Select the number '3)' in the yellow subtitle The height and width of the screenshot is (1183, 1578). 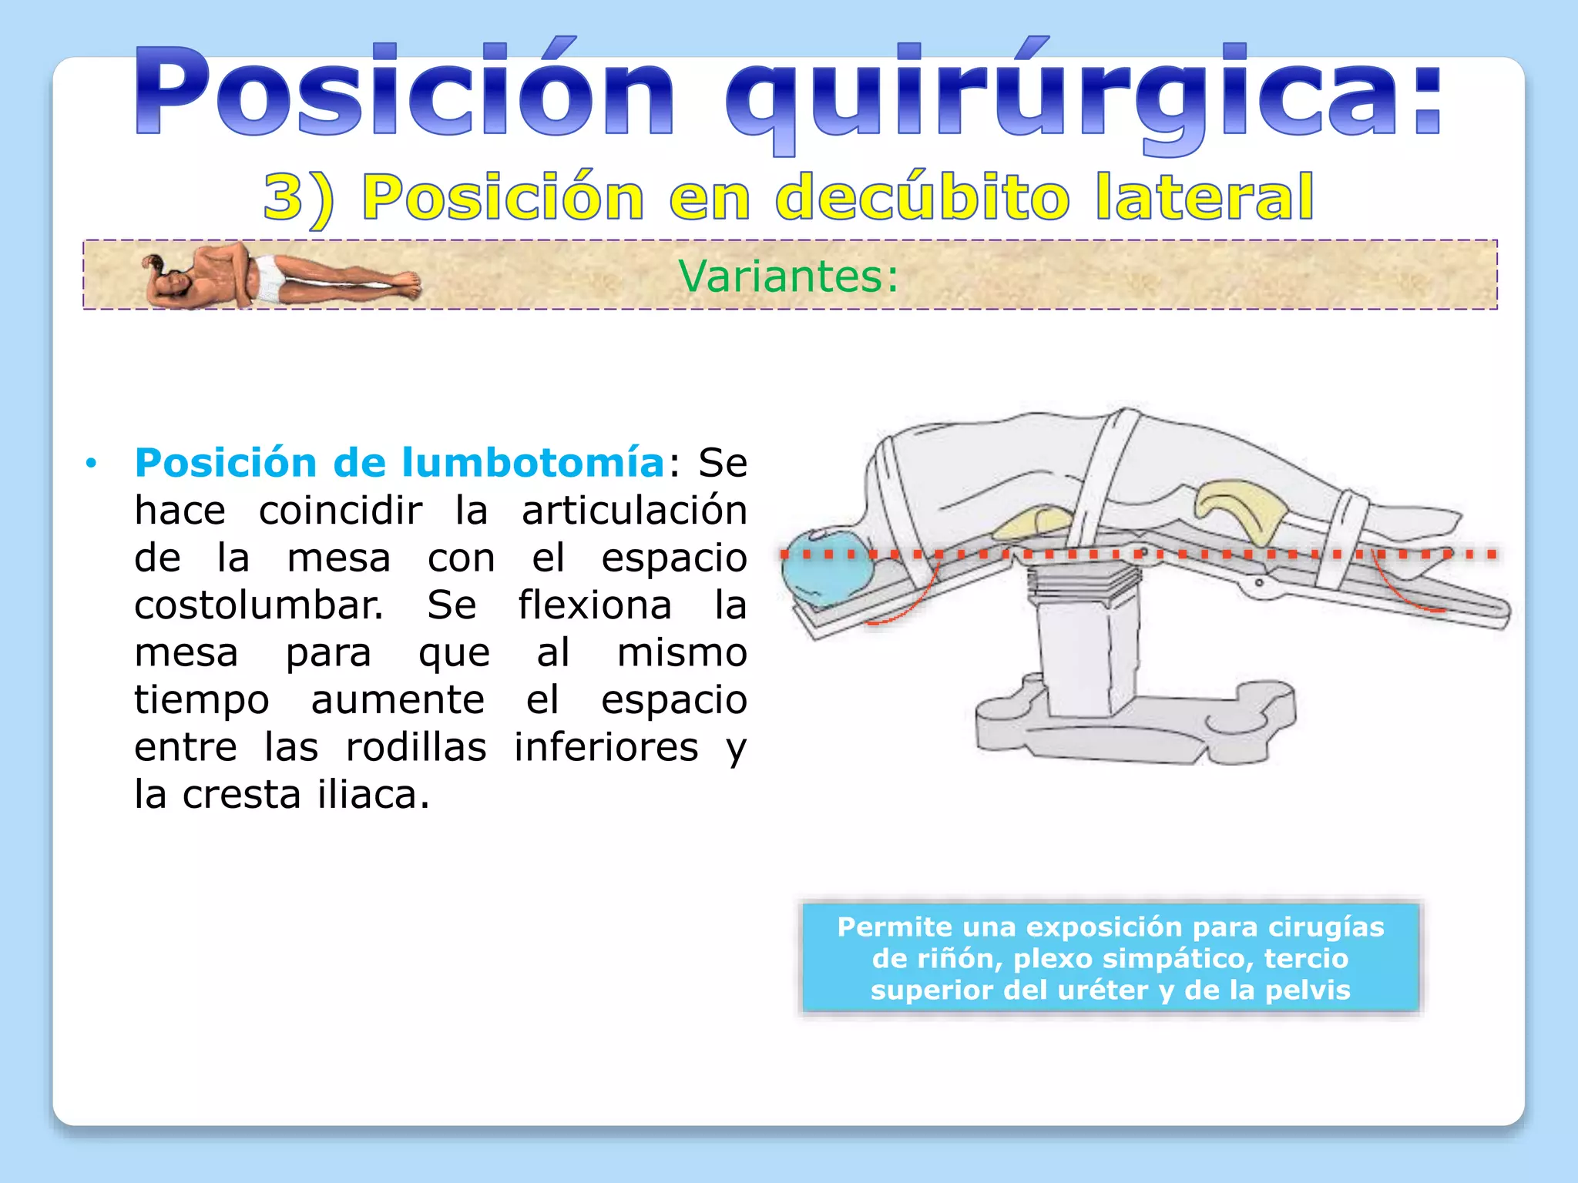pos(299,198)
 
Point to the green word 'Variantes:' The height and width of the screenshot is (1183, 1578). pos(788,276)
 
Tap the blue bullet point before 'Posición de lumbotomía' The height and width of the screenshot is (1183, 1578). pos(92,464)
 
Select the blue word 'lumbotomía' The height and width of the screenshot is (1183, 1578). pos(533,463)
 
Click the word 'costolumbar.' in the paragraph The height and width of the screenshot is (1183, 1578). pos(259,605)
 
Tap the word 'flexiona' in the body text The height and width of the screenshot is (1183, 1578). pos(595,605)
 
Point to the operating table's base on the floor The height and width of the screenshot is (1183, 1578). pos(1133,724)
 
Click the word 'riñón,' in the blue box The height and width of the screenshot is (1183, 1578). pos(960,959)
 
